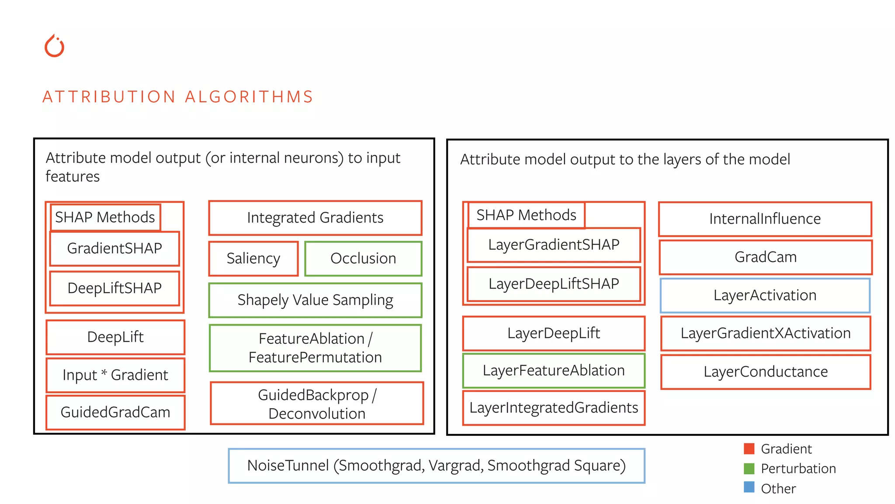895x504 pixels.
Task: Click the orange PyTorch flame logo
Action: [54, 46]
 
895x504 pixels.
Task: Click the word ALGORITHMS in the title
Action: [249, 97]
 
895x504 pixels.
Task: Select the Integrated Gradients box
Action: [315, 218]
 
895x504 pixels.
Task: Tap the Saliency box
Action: [253, 259]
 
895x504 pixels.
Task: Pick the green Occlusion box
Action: [363, 259]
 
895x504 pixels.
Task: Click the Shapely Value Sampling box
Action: [315, 300]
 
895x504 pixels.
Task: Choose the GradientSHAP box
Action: [114, 248]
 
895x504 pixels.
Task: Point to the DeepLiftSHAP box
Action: [114, 288]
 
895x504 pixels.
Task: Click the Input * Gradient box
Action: [115, 375]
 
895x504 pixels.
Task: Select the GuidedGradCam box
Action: [115, 412]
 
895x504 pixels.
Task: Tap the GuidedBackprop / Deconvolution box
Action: [317, 404]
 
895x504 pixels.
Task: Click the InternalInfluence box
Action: [765, 219]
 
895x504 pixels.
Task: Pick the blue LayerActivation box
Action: [765, 295]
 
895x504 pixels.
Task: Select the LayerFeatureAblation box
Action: [554, 371]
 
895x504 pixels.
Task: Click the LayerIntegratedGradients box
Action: [554, 408]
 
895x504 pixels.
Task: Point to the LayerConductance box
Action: [766, 372]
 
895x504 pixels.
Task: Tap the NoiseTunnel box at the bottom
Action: [436, 465]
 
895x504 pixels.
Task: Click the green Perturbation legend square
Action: [749, 469]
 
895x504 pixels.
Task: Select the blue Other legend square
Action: [749, 487]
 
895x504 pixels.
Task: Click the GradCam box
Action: [766, 257]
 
